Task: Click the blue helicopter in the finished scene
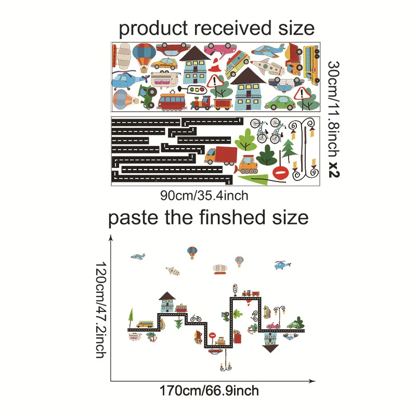pos(281,265)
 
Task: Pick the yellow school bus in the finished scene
pos(145,324)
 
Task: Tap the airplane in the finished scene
pos(138,256)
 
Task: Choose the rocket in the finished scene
pos(173,271)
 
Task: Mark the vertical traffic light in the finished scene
pos(235,289)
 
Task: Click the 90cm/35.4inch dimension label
pos(204,196)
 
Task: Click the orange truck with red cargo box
pos(220,154)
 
